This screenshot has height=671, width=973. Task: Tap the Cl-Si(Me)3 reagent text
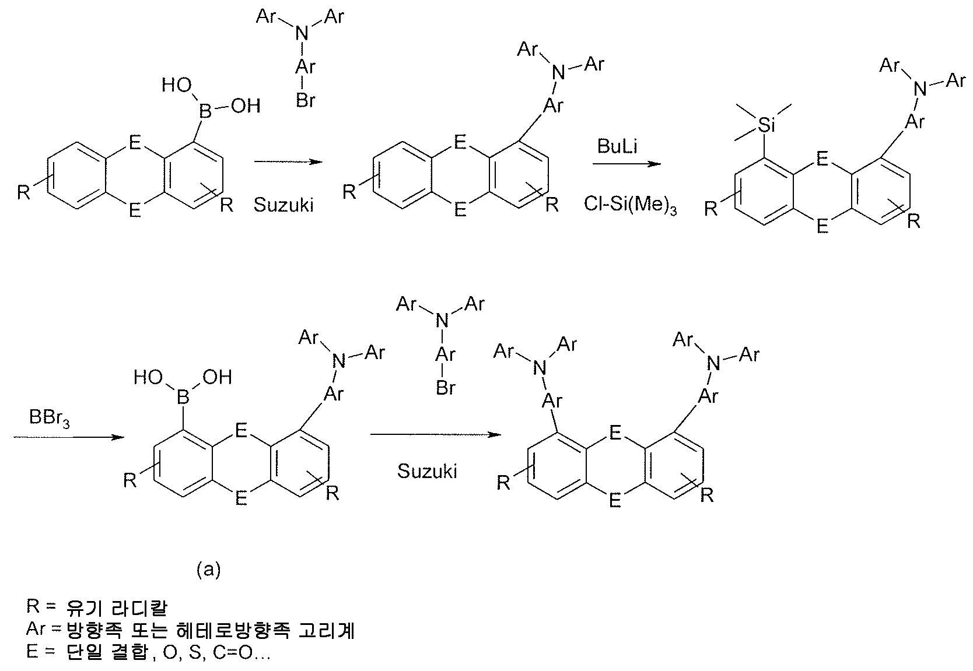point(630,205)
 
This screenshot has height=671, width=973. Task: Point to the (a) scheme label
point(209,570)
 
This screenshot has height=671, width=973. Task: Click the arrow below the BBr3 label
point(68,437)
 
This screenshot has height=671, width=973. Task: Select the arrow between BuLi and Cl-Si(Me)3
point(626,164)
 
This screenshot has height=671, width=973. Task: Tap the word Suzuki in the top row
point(283,205)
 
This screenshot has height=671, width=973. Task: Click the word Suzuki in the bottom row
point(427,471)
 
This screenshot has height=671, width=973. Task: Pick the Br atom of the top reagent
point(305,101)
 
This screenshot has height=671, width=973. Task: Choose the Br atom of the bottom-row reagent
point(445,388)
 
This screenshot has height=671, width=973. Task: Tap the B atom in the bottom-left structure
point(183,398)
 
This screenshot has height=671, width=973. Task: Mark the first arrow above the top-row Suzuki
point(288,162)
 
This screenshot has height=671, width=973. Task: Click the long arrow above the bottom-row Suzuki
point(436,434)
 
